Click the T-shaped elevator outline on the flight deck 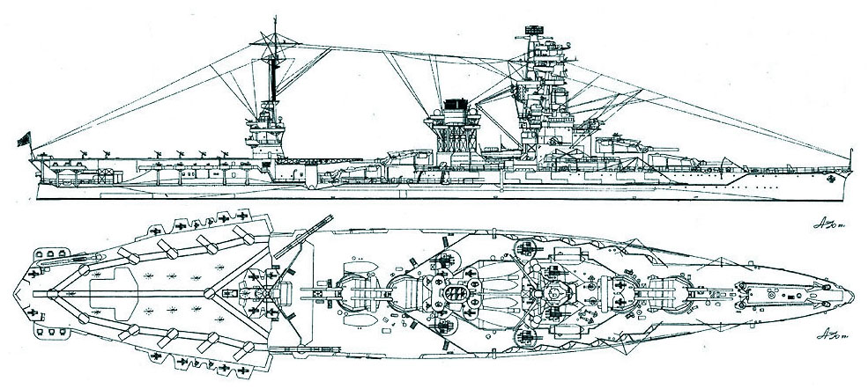[115, 291]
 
